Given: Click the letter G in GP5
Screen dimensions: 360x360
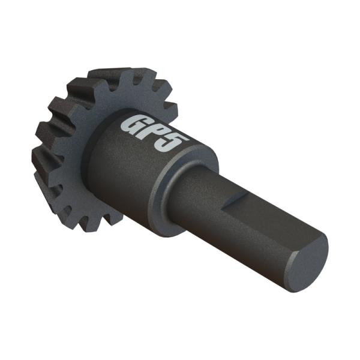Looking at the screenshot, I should (134, 122).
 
